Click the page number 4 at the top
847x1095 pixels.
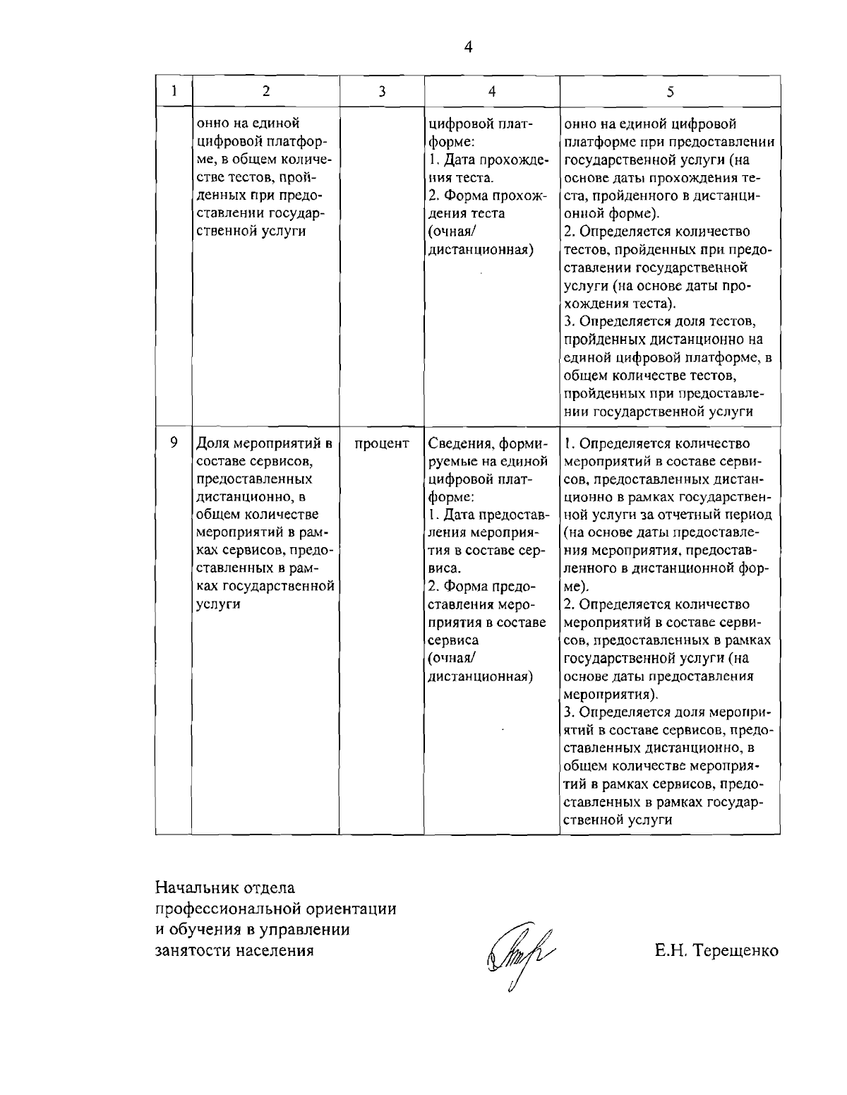(x=468, y=47)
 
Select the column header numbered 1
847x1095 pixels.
(x=174, y=90)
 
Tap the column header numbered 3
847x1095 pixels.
(x=381, y=90)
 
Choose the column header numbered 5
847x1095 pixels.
(x=670, y=90)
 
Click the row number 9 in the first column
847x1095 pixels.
(x=174, y=443)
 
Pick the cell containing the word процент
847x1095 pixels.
(x=381, y=443)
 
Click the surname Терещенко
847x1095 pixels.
(x=736, y=950)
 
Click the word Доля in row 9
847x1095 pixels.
(x=211, y=443)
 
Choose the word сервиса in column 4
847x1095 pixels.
(x=454, y=640)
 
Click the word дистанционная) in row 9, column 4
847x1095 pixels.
(x=481, y=676)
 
